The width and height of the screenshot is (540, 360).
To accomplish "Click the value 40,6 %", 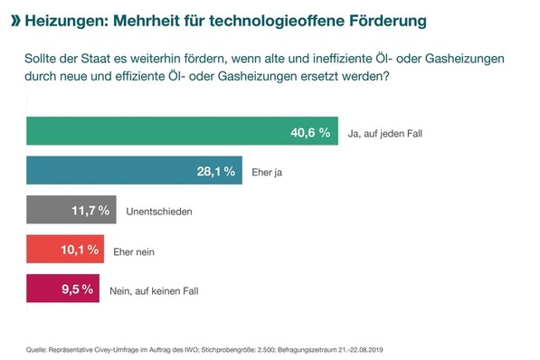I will point(310,132).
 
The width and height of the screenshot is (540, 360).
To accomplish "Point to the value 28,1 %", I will point(216,171).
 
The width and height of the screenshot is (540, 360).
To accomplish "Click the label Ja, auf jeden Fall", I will point(384,133).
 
